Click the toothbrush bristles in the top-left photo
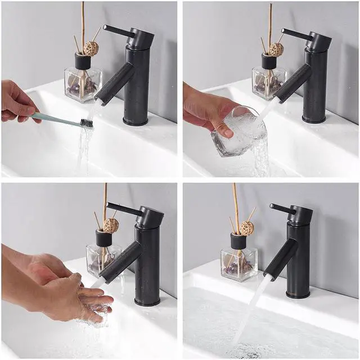[87, 123]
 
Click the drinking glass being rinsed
[239, 132]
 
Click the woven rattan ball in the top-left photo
[91, 49]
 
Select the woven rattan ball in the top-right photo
[276, 49]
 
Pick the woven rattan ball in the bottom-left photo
[111, 226]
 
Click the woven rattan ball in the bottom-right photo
[246, 228]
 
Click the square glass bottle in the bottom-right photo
[238, 264]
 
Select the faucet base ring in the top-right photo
[314, 119]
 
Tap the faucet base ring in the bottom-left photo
[147, 301]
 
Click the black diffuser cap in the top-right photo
[269, 61]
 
